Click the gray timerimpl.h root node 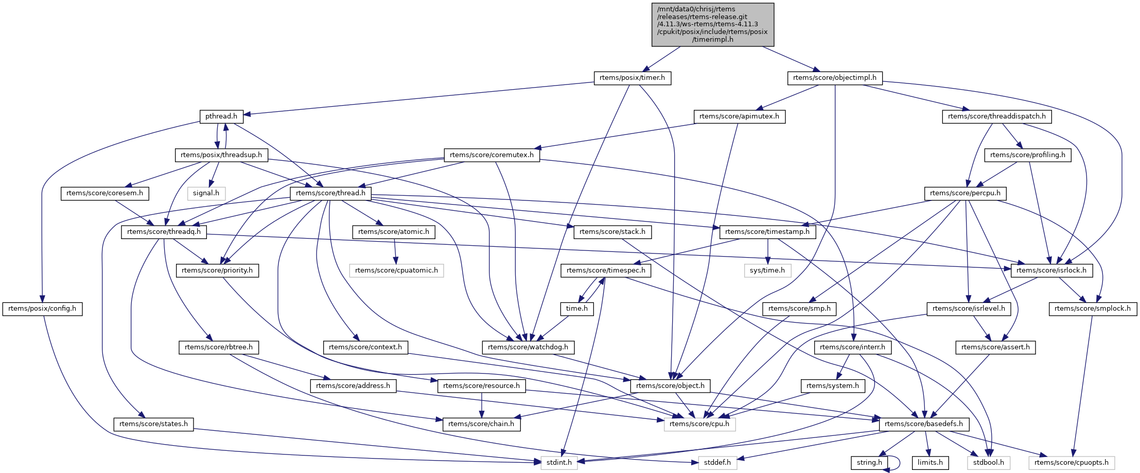(x=712, y=24)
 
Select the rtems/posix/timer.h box (x=632, y=78)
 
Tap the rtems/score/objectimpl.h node (x=834, y=78)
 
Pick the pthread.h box (x=221, y=116)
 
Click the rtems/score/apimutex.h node (x=739, y=116)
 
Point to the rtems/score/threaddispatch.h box (x=996, y=116)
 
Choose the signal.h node (x=206, y=193)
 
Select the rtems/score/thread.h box (x=330, y=193)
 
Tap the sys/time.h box (x=767, y=270)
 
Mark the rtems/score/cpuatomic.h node (x=396, y=270)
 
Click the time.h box (x=576, y=309)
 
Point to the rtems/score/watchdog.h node (x=528, y=347)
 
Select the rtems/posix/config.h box (x=42, y=309)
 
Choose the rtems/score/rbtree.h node (x=219, y=347)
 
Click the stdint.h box (x=559, y=463)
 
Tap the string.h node (x=869, y=463)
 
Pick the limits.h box (x=930, y=463)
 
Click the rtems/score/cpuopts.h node (x=1072, y=463)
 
